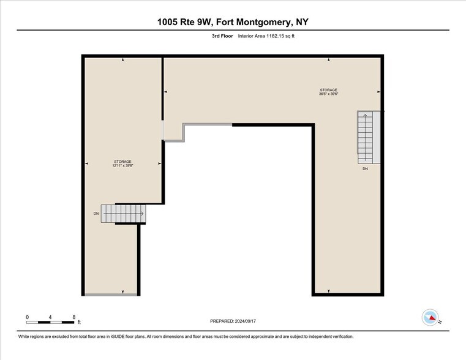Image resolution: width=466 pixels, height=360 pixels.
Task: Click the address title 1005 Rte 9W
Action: click(x=233, y=23)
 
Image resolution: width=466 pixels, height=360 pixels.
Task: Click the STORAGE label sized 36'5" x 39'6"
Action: click(x=328, y=92)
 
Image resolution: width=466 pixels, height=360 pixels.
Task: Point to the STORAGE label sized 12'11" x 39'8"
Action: click(x=122, y=163)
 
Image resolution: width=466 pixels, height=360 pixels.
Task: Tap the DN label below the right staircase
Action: click(x=365, y=168)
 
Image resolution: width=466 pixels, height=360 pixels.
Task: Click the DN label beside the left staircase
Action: click(x=96, y=214)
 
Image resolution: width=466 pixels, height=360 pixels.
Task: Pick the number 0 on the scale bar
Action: click(x=28, y=317)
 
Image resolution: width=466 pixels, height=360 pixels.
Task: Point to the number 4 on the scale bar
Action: click(x=51, y=317)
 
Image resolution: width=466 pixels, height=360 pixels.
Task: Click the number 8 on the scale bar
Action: click(x=74, y=317)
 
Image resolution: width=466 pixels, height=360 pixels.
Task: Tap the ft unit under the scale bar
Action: click(x=78, y=322)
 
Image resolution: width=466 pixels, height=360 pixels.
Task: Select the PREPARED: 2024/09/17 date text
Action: click(x=233, y=321)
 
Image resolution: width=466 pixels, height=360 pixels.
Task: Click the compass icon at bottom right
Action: click(x=430, y=317)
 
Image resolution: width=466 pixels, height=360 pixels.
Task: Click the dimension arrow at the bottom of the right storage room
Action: click(x=329, y=291)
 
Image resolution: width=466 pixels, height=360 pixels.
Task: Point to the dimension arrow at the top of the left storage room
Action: click(x=123, y=60)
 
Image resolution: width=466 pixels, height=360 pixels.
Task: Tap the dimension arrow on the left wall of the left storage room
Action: click(x=86, y=163)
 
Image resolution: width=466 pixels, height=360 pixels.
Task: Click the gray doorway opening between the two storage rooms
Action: click(x=163, y=129)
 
